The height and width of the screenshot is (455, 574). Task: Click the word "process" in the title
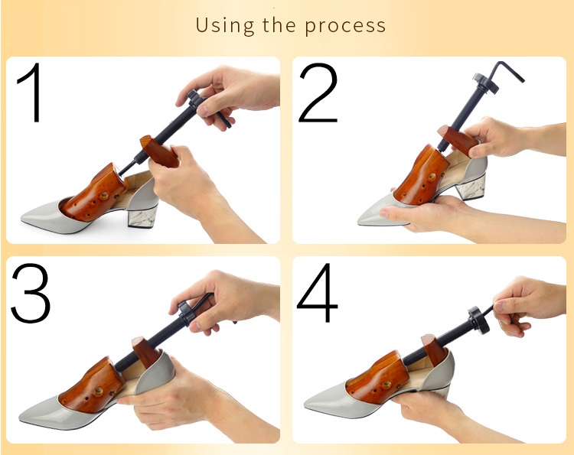[x=345, y=26]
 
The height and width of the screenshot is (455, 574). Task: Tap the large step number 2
[x=318, y=93]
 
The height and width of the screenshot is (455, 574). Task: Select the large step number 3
[x=31, y=293]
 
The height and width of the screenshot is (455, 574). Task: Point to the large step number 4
[x=318, y=293]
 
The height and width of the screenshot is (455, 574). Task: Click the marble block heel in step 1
[x=143, y=218]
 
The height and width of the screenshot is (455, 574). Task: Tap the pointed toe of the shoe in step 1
[x=23, y=219]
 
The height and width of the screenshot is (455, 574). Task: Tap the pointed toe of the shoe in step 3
[x=21, y=417]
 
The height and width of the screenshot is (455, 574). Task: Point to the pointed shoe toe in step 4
[x=307, y=405]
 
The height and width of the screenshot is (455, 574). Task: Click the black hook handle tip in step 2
[x=522, y=80]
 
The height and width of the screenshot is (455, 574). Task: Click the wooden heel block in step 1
[x=160, y=151]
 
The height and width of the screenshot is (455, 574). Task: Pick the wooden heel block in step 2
[x=458, y=140]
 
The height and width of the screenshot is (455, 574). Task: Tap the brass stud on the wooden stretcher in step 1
[x=104, y=196]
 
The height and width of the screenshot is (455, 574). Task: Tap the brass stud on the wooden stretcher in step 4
[x=386, y=385]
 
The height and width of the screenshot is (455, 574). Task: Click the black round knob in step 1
[x=194, y=101]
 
